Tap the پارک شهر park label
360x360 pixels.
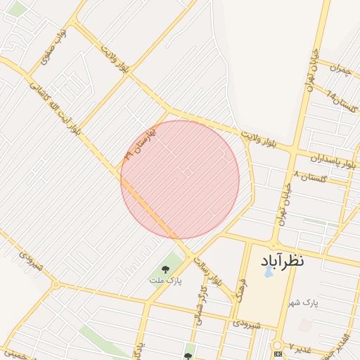(x=303, y=302)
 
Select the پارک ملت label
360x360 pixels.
(x=160, y=281)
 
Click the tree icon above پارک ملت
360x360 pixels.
(x=165, y=268)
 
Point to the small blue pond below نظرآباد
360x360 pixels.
(x=269, y=272)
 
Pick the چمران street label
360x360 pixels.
(x=338, y=70)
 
